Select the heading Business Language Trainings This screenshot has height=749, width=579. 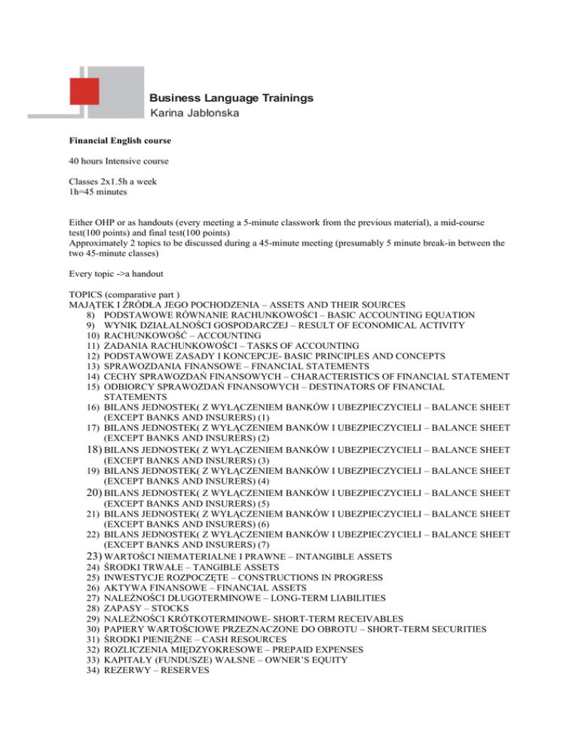tap(231, 98)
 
